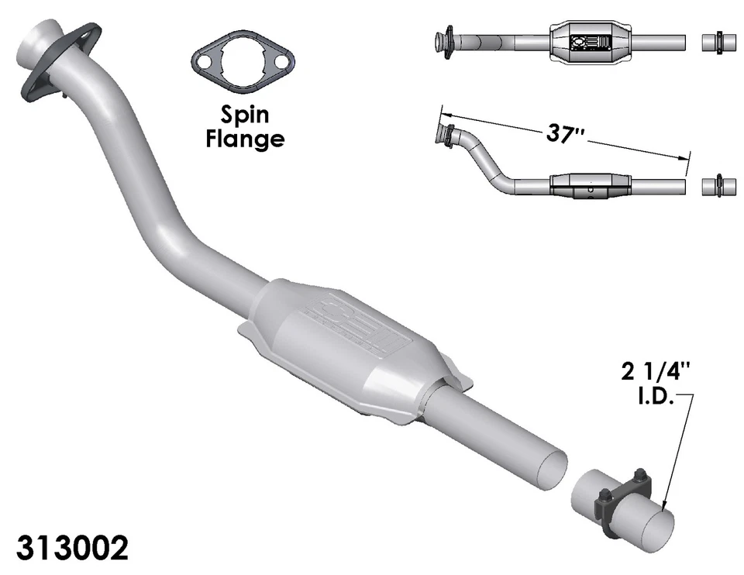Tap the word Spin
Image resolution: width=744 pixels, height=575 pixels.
coord(244,115)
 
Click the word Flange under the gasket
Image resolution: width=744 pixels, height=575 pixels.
coord(244,139)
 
